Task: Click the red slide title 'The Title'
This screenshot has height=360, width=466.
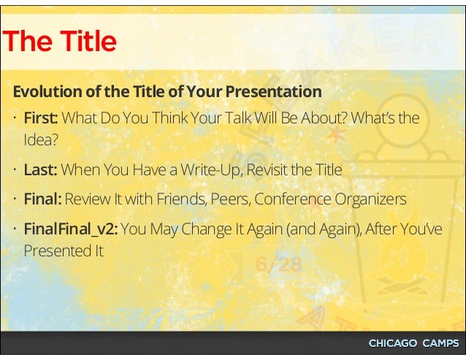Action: pyautogui.click(x=59, y=42)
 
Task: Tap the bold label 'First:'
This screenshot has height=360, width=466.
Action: pyautogui.click(x=40, y=118)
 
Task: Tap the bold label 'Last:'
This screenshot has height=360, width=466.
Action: pyautogui.click(x=40, y=170)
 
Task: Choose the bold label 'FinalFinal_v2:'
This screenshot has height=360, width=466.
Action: pyautogui.click(x=70, y=229)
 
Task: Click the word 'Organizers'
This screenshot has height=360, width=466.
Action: pyautogui.click(x=370, y=199)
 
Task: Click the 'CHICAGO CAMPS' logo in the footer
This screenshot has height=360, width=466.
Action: pyautogui.click(x=413, y=343)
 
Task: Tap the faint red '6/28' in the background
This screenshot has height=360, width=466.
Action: pyautogui.click(x=278, y=264)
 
